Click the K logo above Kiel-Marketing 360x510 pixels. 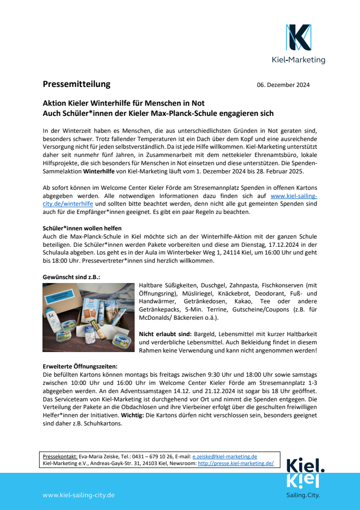[298, 38]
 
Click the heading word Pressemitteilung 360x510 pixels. [76, 84]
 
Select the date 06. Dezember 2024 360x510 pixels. [283, 85]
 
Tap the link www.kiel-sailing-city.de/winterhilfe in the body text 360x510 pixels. [294, 196]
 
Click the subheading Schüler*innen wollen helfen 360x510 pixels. [82, 228]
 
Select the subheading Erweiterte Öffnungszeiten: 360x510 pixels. [80, 367]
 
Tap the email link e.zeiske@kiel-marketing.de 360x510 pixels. [224, 456]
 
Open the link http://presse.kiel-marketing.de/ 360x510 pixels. [235, 463]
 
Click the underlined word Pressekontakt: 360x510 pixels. [60, 456]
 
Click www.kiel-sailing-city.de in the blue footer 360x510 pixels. [78, 496]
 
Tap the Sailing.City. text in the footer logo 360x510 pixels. [304, 495]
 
